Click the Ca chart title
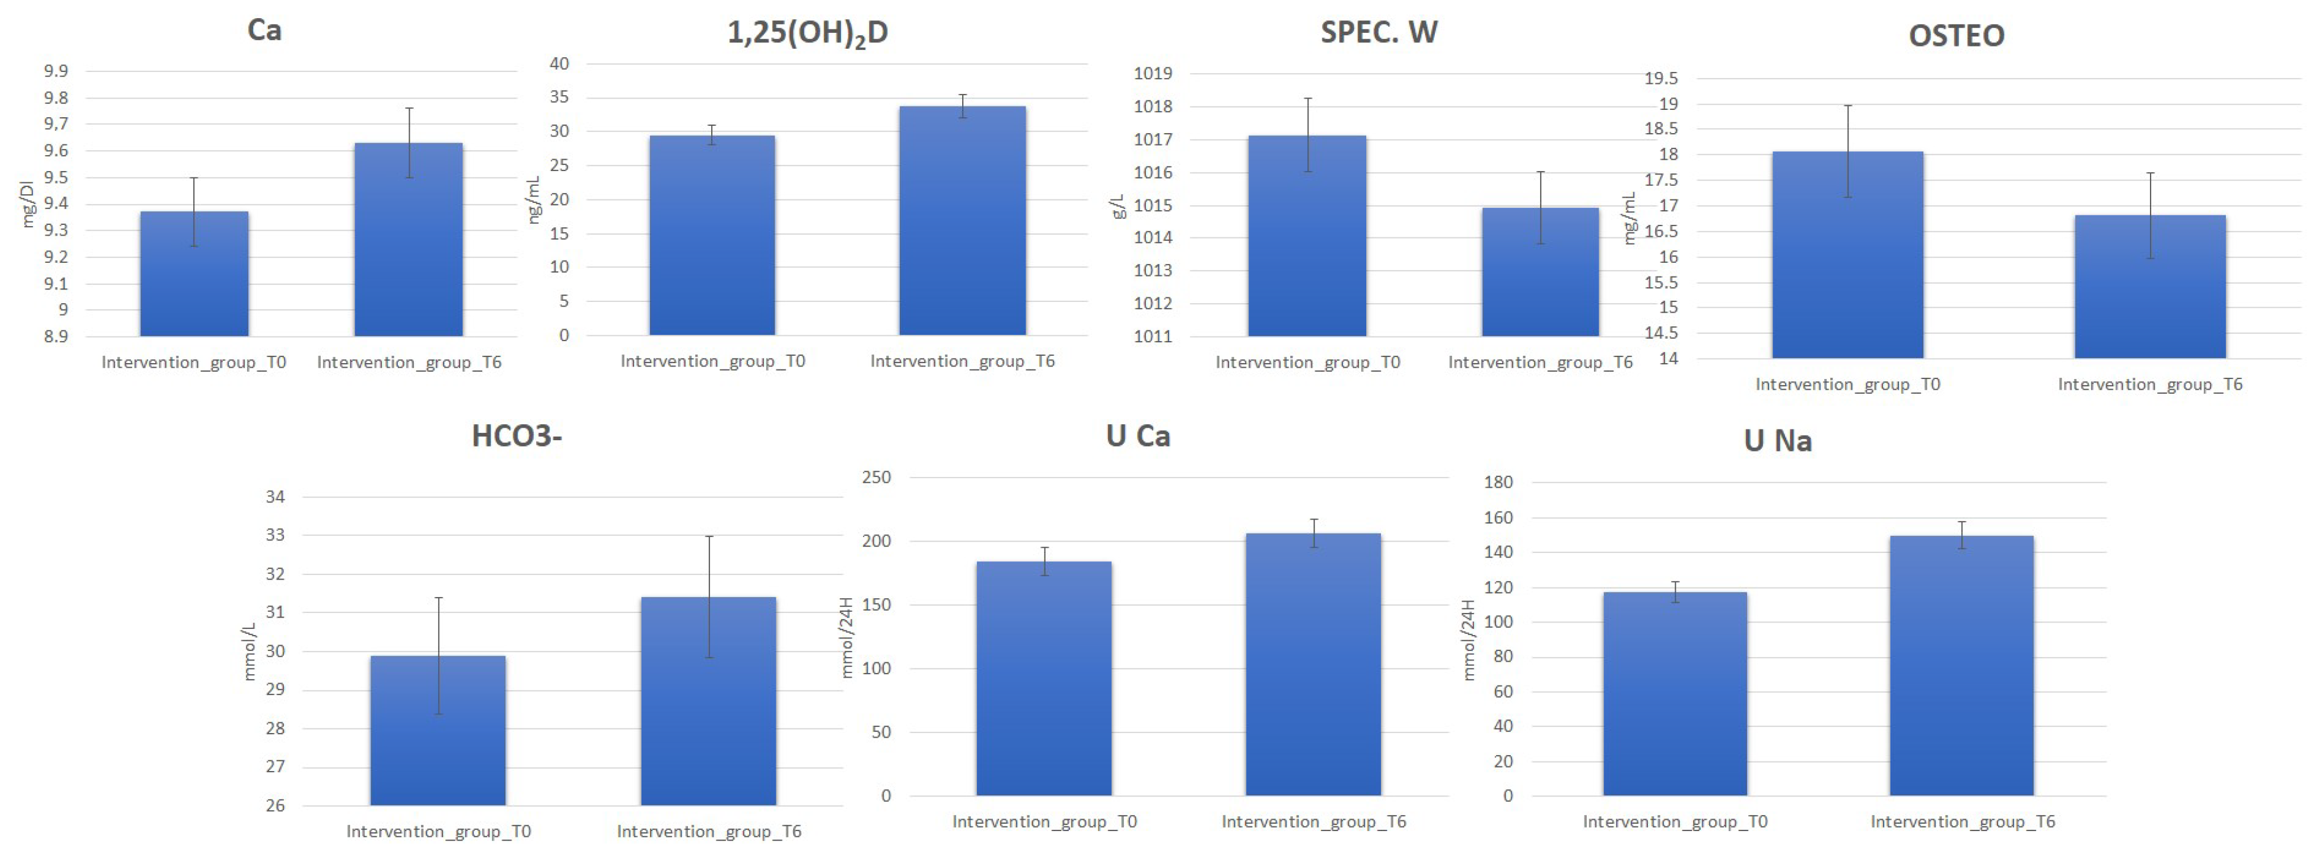[x=264, y=31]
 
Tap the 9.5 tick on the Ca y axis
[x=56, y=177]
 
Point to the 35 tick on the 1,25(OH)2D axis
[x=559, y=97]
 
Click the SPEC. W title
[x=1378, y=32]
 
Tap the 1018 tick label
[x=1153, y=106]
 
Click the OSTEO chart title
[x=1956, y=36]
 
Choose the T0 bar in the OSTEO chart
[x=1847, y=255]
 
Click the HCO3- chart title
[x=516, y=436]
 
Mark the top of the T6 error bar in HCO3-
[x=708, y=537]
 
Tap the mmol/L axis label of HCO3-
[x=249, y=651]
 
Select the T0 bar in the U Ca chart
[x=1044, y=679]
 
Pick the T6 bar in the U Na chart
[x=1961, y=666]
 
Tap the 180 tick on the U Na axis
[x=1498, y=482]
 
